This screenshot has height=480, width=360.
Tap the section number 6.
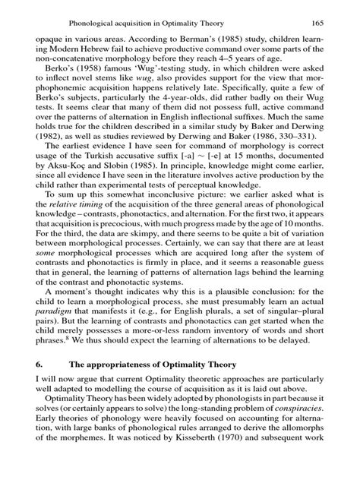(39, 428)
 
